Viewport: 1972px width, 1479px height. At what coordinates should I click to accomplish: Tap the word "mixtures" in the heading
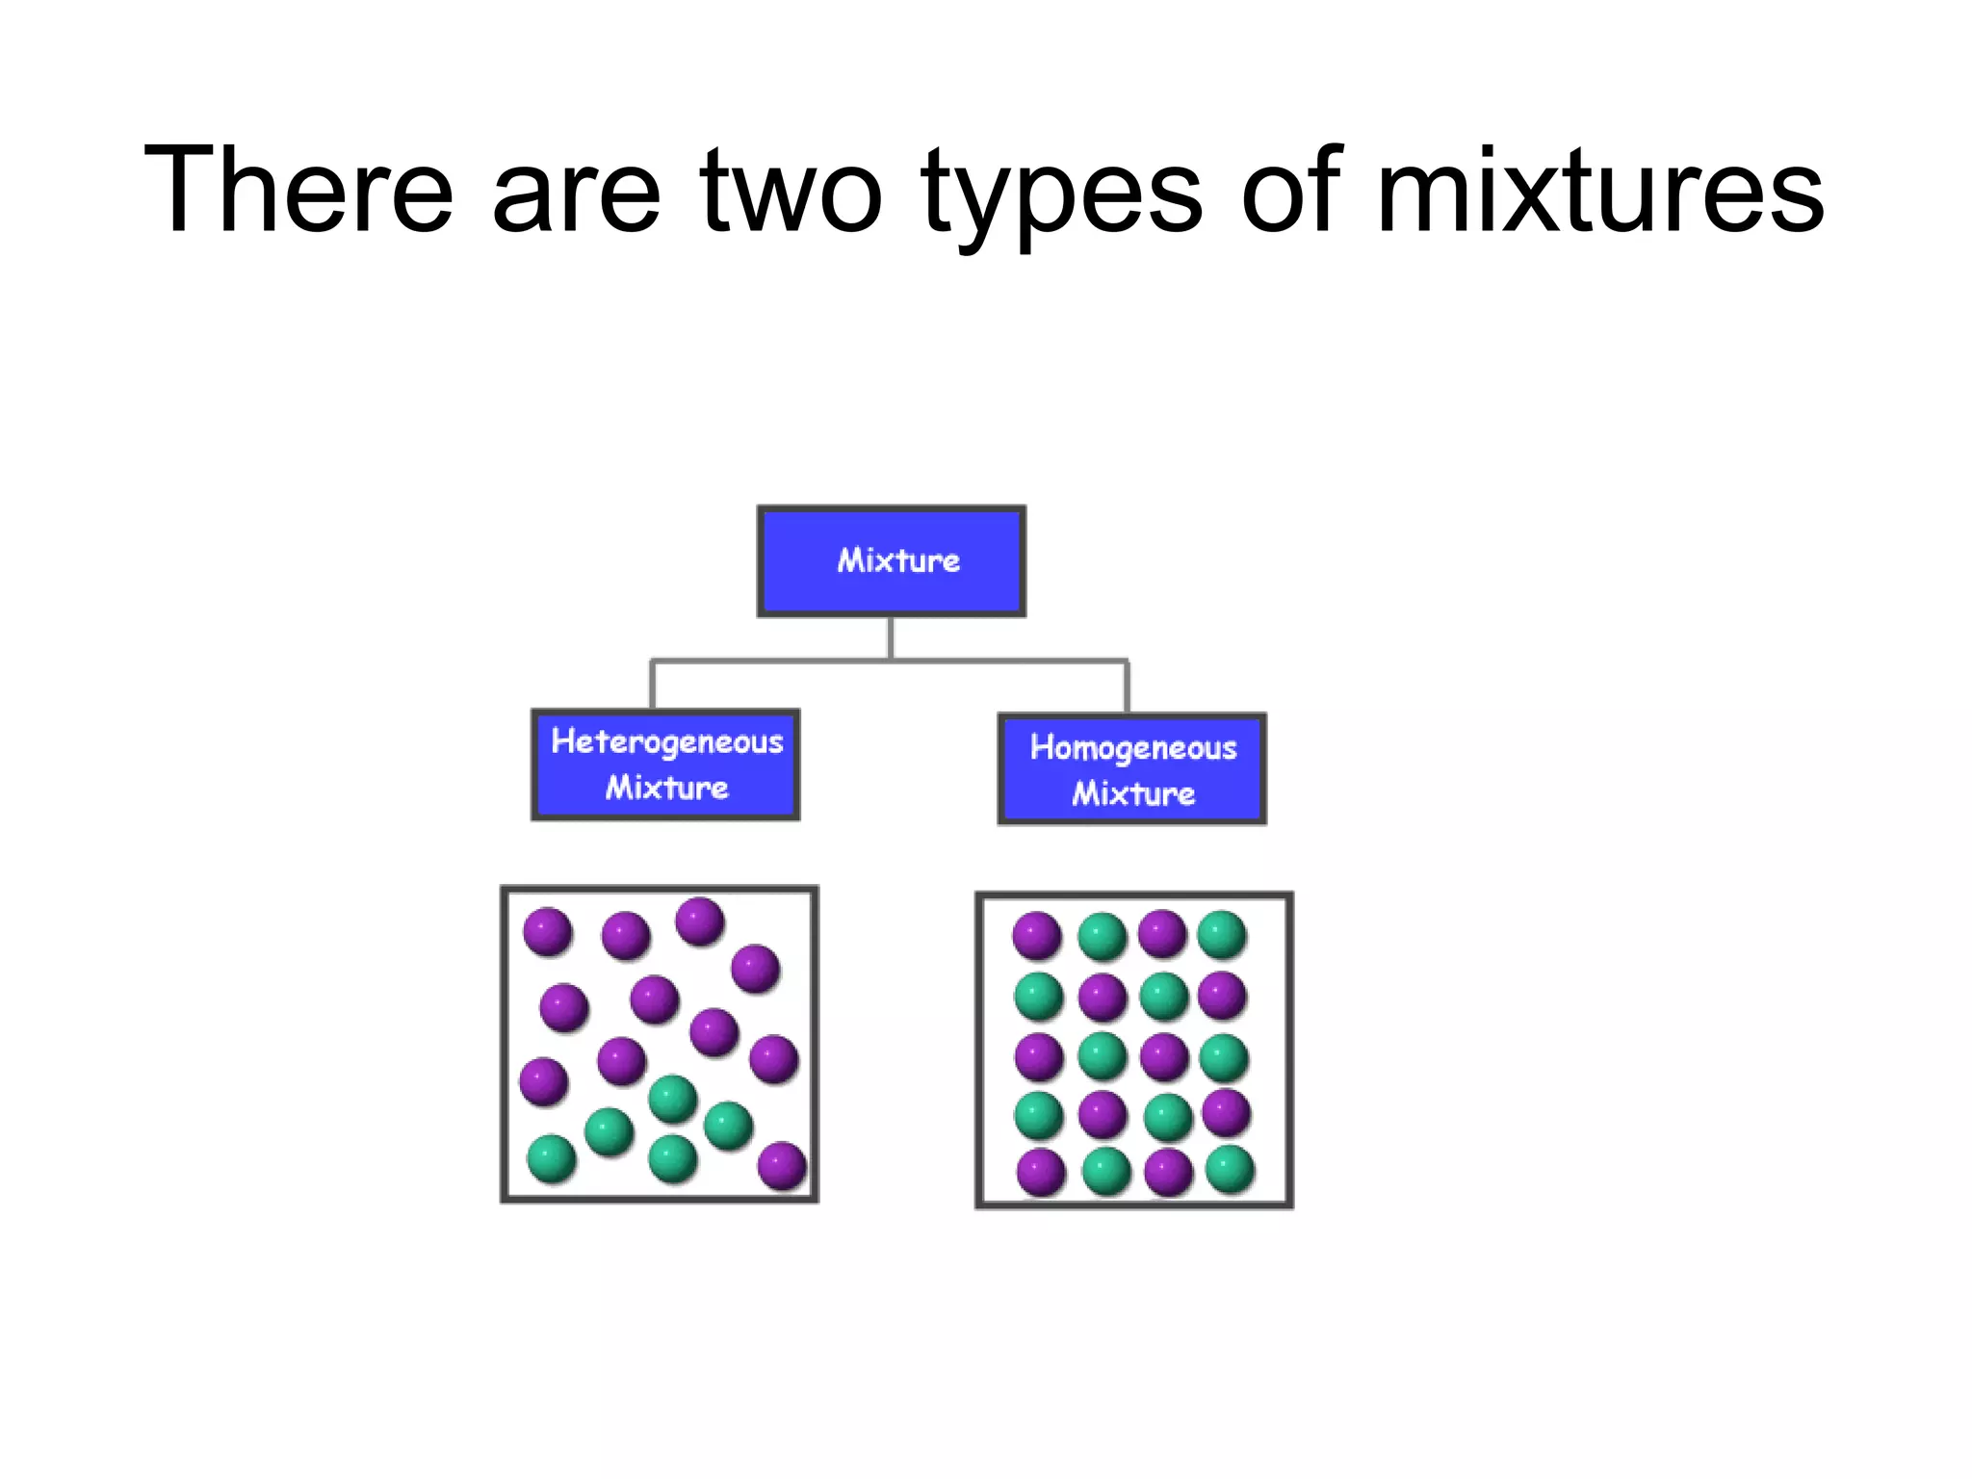point(1600,193)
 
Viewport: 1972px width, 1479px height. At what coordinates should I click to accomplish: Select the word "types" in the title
point(1061,197)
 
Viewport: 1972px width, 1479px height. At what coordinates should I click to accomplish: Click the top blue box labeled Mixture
point(892,561)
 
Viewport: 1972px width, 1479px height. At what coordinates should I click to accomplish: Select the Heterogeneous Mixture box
point(665,765)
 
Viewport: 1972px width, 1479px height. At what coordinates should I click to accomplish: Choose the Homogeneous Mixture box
point(1132,769)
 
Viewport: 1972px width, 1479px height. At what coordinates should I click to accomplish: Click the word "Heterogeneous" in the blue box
point(667,741)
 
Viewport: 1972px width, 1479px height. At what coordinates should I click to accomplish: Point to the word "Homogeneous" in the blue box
point(1133,748)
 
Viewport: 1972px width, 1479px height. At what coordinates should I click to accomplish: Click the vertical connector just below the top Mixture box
point(891,637)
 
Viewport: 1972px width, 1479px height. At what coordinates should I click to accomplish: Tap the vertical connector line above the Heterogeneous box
point(653,686)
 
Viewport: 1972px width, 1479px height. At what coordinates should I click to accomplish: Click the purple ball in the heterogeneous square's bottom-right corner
point(782,1166)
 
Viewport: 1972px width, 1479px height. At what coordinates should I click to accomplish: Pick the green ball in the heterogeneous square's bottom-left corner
point(552,1158)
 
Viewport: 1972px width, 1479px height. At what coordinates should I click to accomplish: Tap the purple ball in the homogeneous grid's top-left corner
point(1037,936)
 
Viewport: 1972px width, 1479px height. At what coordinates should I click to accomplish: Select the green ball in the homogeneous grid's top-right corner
point(1223,935)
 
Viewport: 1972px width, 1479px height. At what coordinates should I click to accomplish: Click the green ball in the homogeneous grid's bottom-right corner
point(1231,1170)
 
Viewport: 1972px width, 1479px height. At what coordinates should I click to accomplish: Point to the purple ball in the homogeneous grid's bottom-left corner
point(1042,1173)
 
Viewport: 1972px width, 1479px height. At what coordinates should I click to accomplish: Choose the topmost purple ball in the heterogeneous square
point(700,921)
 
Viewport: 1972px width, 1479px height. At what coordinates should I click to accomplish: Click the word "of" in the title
point(1290,193)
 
